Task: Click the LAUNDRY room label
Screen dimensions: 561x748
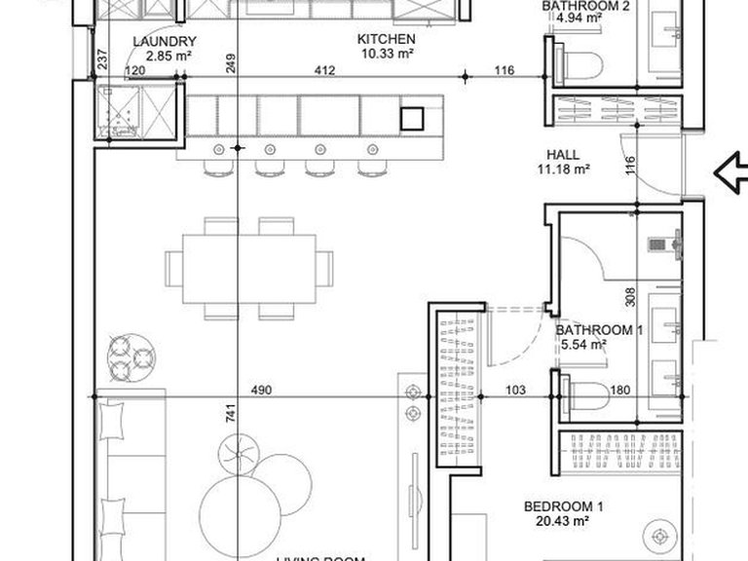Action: pos(165,42)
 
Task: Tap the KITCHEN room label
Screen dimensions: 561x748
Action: pos(387,39)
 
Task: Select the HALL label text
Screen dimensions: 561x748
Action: pos(563,155)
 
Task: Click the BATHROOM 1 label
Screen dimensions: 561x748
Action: pos(599,330)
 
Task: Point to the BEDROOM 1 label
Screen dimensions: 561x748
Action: pos(564,506)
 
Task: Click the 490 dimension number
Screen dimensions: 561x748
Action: pos(261,391)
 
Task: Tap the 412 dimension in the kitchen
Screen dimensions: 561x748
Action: pos(324,69)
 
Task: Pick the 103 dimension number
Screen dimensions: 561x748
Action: pos(515,391)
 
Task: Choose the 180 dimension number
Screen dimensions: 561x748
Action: pos(620,391)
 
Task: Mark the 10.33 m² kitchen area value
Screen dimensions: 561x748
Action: pos(387,54)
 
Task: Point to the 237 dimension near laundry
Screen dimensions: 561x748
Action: pos(102,60)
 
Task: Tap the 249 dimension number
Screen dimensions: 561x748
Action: pos(230,64)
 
